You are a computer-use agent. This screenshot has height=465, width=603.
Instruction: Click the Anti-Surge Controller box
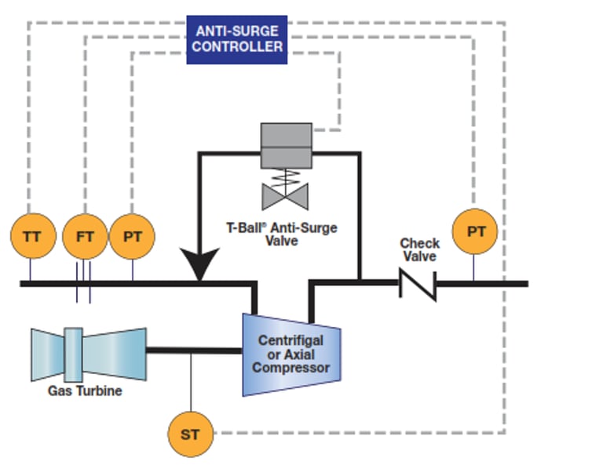tap(237, 39)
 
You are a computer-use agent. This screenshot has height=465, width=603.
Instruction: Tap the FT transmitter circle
tap(84, 235)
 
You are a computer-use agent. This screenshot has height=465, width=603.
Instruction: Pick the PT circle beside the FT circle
tap(132, 235)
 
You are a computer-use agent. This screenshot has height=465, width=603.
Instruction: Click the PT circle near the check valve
tap(476, 231)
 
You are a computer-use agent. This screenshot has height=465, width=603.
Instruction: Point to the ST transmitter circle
tap(191, 433)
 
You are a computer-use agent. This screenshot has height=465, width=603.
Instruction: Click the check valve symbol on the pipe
tap(418, 283)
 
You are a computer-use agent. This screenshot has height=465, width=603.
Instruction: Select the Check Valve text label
tap(419, 250)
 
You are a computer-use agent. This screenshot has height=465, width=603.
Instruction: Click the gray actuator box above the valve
tap(286, 146)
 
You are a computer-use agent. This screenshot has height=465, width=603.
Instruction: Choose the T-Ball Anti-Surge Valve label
tap(282, 234)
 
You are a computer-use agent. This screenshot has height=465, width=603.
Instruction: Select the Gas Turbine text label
tap(85, 390)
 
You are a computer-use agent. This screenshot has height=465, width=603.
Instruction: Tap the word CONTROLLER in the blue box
tap(237, 47)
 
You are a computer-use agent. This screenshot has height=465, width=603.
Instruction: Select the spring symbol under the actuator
tap(286, 176)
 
